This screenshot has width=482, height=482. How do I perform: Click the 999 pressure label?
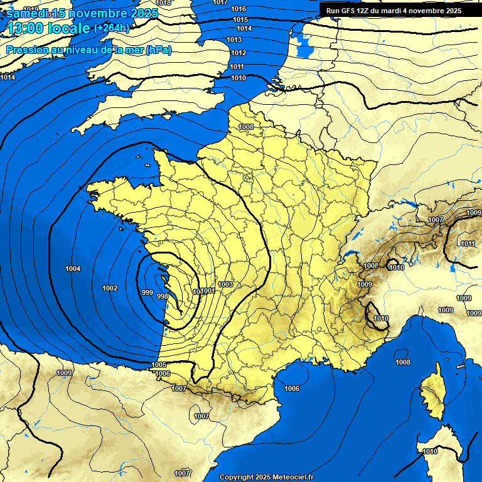coord(147,292)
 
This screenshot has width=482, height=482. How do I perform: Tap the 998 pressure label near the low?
coord(162,296)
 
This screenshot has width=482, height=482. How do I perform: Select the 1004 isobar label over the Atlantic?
coord(73,269)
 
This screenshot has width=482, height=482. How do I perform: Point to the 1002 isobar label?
coord(110,288)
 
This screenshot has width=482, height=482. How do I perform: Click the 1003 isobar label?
coord(225,284)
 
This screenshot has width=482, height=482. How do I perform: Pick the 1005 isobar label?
coord(159,365)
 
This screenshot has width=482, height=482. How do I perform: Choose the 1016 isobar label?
coord(238,9)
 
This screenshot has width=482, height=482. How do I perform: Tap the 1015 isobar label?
coord(240,19)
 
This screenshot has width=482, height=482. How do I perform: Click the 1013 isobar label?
coord(235,40)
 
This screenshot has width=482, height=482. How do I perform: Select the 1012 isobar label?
coord(238,53)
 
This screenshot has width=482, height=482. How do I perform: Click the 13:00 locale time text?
coord(48,28)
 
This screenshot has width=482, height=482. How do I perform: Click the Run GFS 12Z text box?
coord(394,11)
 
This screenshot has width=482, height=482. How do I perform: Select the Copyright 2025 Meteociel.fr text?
coord(266,477)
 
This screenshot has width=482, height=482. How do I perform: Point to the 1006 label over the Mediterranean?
coord(292,388)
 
